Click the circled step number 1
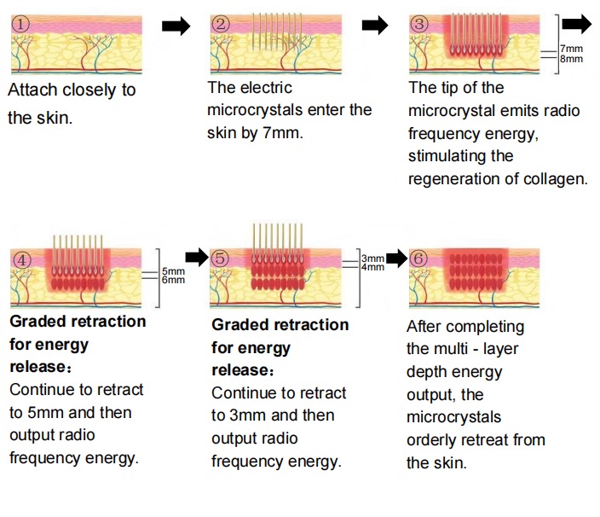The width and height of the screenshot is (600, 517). click(20, 24)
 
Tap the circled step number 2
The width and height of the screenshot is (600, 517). click(222, 24)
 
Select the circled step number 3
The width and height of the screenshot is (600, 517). click(418, 24)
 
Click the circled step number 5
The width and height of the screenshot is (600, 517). click(221, 257)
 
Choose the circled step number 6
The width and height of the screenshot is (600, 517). click(418, 257)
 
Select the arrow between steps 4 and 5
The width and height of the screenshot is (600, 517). click(197, 256)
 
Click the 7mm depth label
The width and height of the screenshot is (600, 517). click(571, 49)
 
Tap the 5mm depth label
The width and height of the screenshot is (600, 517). click(173, 271)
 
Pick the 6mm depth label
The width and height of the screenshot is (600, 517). click(173, 280)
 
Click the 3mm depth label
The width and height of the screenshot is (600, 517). click(372, 258)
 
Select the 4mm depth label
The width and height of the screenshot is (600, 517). click(372, 267)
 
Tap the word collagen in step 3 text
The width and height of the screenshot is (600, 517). click(559, 179)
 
